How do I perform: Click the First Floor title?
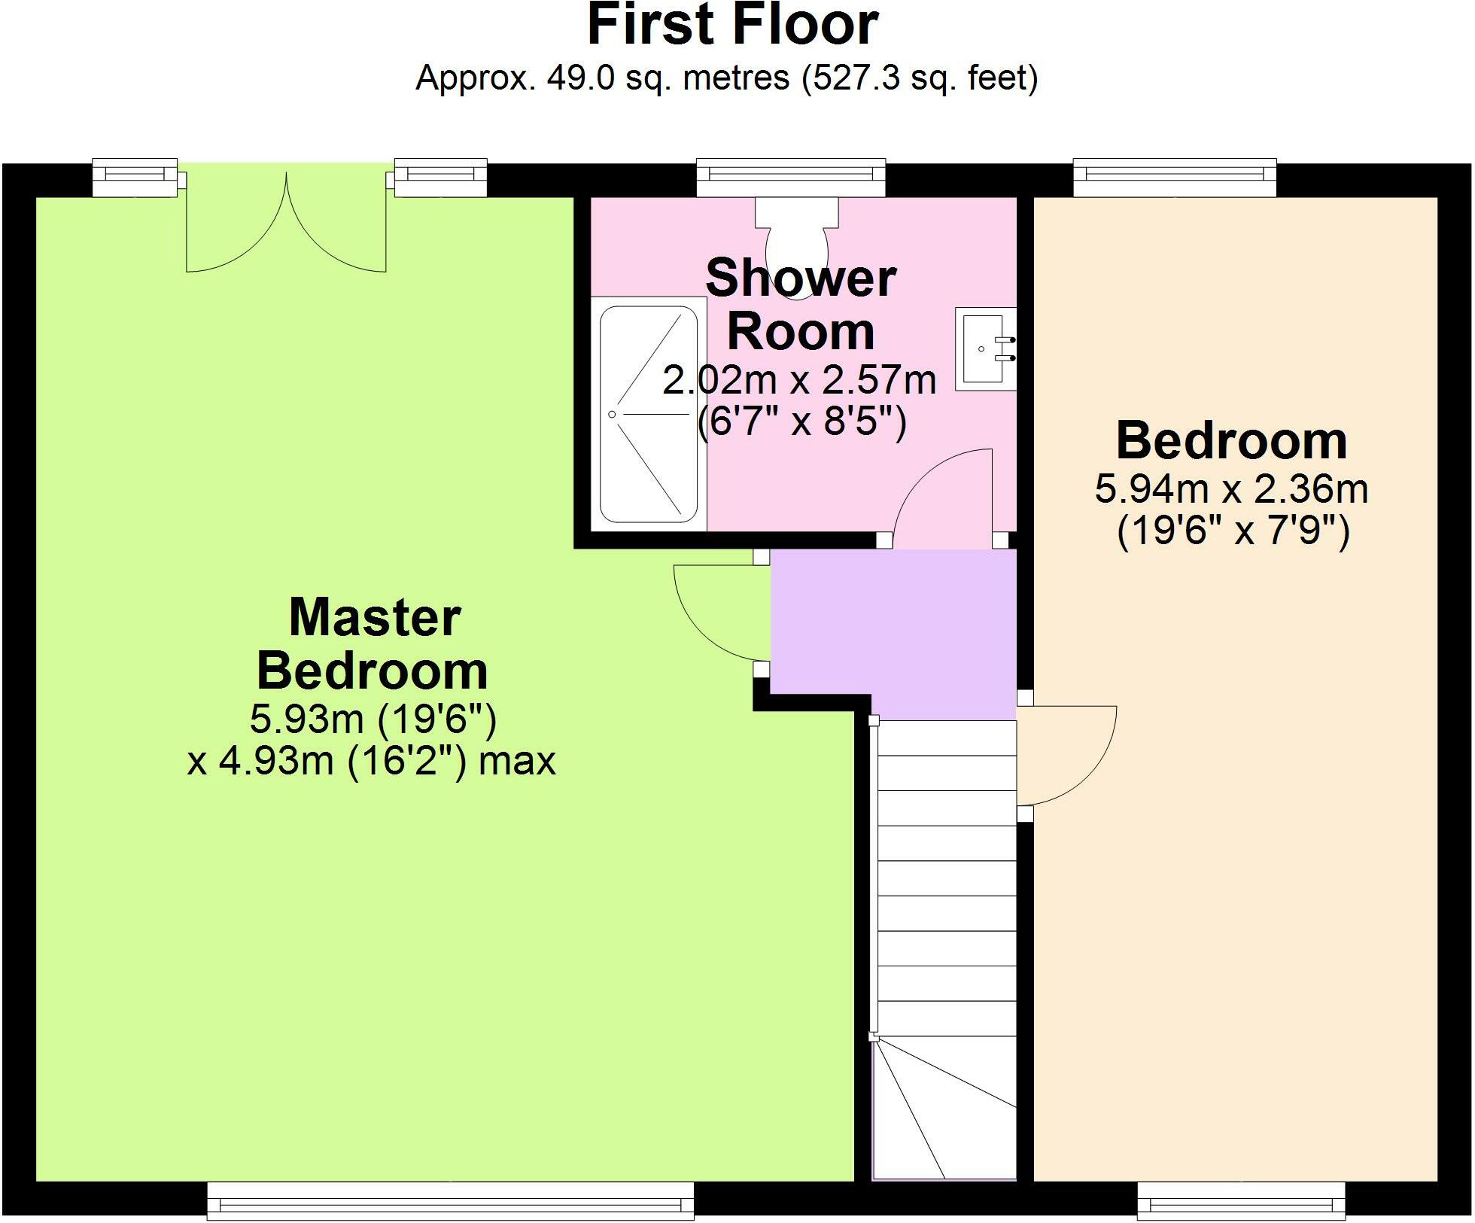(732, 26)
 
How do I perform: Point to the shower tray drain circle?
(612, 415)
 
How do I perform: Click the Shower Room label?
(801, 304)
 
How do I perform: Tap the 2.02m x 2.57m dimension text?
(799, 380)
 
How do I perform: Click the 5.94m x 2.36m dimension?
(1231, 489)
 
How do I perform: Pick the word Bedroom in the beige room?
(1231, 441)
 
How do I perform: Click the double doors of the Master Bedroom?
(286, 226)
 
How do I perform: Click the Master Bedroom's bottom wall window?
(450, 1200)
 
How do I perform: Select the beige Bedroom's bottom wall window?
(1240, 1200)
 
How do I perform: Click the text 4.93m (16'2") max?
(371, 761)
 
